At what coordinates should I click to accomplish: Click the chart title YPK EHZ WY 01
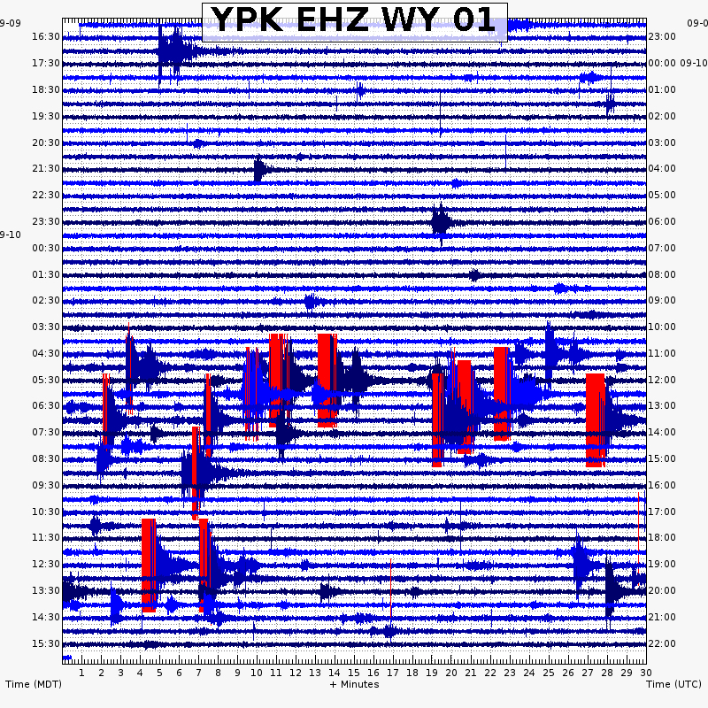[x=354, y=21]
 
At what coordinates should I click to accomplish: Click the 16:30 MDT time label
[x=46, y=36]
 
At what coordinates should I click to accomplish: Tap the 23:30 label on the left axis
[x=46, y=221]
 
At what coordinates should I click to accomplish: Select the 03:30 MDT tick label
[x=46, y=327]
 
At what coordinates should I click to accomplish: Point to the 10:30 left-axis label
[x=46, y=512]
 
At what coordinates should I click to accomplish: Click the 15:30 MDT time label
[x=46, y=643]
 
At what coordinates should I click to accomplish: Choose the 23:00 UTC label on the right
[x=662, y=36]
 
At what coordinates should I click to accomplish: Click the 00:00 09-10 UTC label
[x=677, y=63]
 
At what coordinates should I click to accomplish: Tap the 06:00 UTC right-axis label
[x=662, y=221]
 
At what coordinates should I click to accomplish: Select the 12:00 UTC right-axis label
[x=662, y=380]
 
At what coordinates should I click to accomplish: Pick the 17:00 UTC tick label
[x=662, y=512]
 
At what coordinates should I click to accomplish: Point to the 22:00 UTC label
[x=662, y=643]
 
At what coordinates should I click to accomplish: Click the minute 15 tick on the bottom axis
[x=354, y=673]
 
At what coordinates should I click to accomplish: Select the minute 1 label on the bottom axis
[x=81, y=673]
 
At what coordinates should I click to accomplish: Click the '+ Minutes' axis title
[x=354, y=684]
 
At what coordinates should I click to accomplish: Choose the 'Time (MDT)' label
[x=34, y=684]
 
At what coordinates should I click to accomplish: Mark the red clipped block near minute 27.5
[x=595, y=419]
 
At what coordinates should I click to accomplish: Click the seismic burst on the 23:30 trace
[x=441, y=221]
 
